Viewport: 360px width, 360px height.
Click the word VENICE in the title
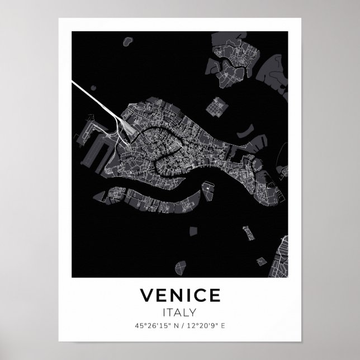(180, 295)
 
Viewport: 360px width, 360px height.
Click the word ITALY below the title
(180, 311)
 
